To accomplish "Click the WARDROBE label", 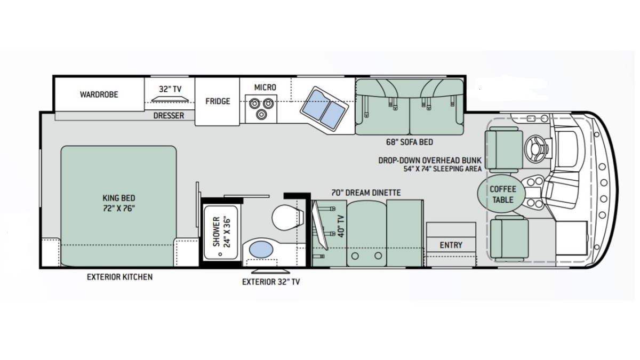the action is click(x=99, y=94).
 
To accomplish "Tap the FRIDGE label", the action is click(x=218, y=101).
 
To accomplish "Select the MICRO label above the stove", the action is click(x=265, y=87).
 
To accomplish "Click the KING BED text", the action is click(x=119, y=198).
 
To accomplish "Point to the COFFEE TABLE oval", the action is click(x=501, y=194).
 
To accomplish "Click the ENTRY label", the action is click(x=451, y=245).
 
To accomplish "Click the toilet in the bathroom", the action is click(x=286, y=218).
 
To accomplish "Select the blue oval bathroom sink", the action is click(x=261, y=250).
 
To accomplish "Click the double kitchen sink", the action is click(x=324, y=109).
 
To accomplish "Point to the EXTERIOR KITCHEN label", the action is click(x=119, y=277).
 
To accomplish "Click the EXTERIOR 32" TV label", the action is click(x=271, y=282).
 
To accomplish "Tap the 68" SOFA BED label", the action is click(x=410, y=142).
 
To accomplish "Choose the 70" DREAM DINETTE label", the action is click(x=366, y=193).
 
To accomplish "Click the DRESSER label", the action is click(x=169, y=116).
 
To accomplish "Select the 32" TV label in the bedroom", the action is click(x=170, y=89).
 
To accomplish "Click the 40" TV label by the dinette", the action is click(x=341, y=226).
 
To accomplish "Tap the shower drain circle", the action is click(x=220, y=254).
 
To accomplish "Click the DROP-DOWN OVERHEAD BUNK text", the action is click(x=430, y=161).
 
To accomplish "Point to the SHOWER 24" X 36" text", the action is click(x=221, y=231).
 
